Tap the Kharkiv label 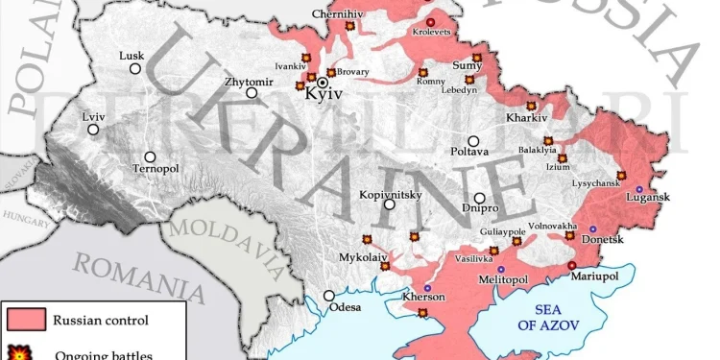click(526, 118)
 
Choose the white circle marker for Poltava click(473, 141)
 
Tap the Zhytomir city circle click(252, 93)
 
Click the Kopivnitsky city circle click(389, 204)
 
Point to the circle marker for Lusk click(135, 69)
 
